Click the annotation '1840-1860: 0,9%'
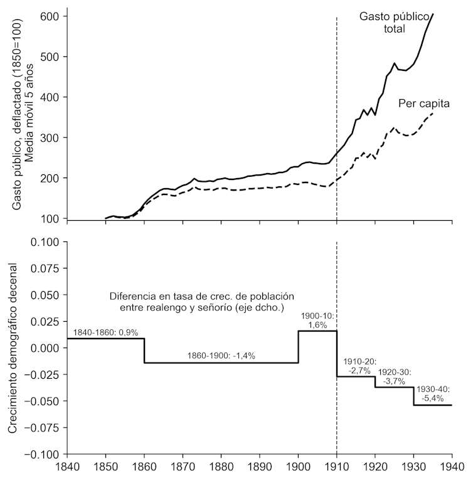click(x=105, y=332)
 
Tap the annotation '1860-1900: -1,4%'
click(x=221, y=356)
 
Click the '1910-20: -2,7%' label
click(x=357, y=367)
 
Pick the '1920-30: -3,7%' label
click(x=395, y=376)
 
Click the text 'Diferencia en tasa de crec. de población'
click(x=201, y=295)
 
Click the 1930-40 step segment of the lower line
click(x=433, y=405)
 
